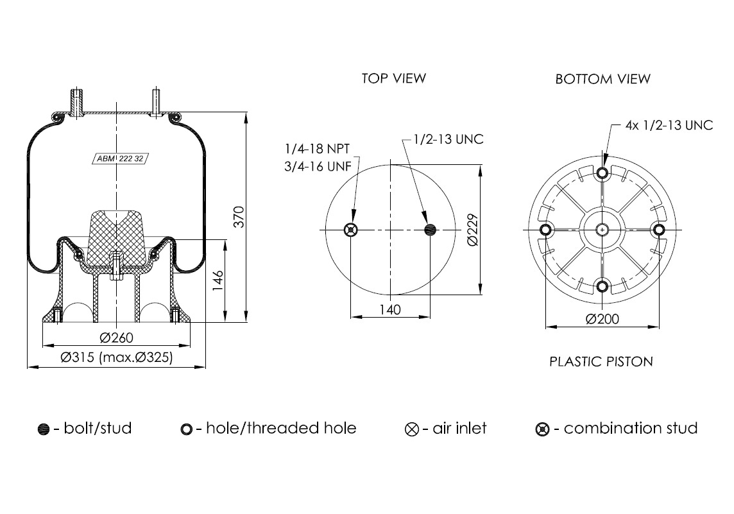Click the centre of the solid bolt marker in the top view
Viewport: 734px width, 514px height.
430,230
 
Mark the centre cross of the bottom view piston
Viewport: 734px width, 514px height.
602,230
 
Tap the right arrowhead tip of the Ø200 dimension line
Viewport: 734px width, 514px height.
659,327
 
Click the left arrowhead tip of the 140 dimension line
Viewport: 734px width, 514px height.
350,317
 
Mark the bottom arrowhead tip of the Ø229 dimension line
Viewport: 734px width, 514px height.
481,295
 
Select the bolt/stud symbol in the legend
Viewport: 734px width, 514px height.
44,429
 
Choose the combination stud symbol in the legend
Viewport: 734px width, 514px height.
543,429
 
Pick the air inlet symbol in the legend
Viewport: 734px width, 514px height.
412,429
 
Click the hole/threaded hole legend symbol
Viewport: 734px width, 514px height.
186,429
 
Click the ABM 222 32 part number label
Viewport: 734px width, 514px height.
120,158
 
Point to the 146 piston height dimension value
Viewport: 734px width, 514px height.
218,280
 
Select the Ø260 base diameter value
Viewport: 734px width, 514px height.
117,338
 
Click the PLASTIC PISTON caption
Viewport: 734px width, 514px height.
601,361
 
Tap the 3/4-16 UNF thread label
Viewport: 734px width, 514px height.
318,167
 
